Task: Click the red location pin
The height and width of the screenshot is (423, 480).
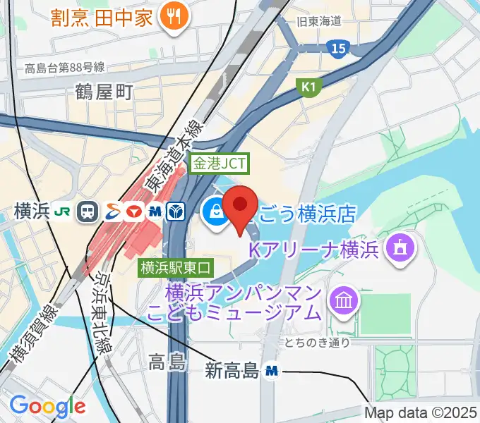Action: click(239, 206)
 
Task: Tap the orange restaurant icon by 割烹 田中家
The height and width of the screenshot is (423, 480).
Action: click(171, 18)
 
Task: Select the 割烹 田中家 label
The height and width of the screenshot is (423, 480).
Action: click(102, 18)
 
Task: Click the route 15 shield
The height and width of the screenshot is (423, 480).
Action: click(337, 48)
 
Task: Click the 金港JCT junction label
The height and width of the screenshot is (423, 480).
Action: click(220, 164)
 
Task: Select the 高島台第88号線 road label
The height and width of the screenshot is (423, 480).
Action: click(64, 68)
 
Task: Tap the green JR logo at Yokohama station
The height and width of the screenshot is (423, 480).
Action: click(64, 211)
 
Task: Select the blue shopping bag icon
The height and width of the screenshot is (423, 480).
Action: click(213, 211)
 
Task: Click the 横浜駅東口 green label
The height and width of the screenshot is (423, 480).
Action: click(176, 267)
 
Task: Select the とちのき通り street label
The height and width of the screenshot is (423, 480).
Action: click(317, 343)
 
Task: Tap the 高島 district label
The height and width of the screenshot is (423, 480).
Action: click(167, 363)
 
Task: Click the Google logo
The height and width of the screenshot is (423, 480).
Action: click(47, 406)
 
